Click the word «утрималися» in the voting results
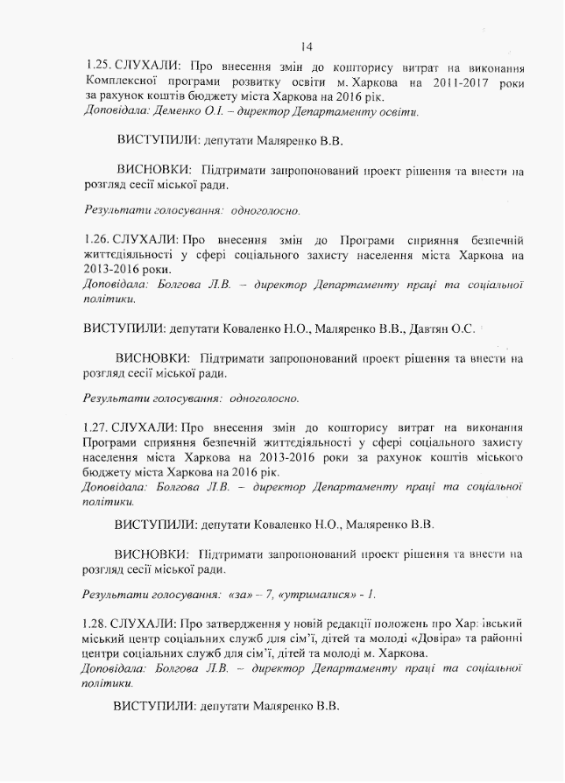[x=316, y=595]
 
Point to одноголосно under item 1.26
[x=264, y=398]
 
